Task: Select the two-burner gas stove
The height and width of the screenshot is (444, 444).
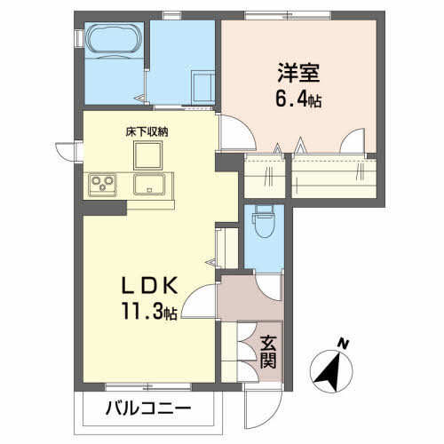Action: pos(100,185)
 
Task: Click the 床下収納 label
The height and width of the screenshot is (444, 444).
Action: pos(147,131)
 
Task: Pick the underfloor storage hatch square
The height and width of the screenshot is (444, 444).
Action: pos(147,155)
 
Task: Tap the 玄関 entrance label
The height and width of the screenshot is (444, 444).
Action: pos(268,353)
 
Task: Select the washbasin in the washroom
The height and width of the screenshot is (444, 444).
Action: pos(203,88)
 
